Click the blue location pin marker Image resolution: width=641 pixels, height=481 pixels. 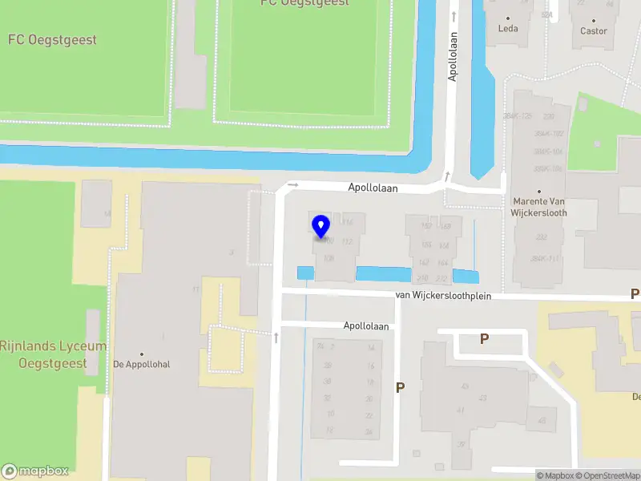321,228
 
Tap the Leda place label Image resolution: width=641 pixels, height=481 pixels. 508,28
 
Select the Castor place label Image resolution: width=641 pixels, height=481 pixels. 594,30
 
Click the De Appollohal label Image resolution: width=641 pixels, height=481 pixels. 142,364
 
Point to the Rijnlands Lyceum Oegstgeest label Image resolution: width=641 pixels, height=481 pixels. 53,354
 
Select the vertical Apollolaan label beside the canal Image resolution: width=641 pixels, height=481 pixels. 453,57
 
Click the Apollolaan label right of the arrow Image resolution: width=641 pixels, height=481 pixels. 373,188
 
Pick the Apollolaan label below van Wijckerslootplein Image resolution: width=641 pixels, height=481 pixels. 366,326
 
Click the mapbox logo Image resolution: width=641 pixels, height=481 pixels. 35,471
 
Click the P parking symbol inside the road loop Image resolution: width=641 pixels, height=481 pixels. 484,339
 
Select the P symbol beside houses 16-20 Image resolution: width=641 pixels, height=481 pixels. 400,388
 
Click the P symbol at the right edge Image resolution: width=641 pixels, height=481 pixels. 635,294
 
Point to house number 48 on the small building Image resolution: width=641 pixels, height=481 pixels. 542,420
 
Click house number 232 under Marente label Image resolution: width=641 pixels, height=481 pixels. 541,236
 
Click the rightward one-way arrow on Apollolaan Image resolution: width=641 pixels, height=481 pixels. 292,185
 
